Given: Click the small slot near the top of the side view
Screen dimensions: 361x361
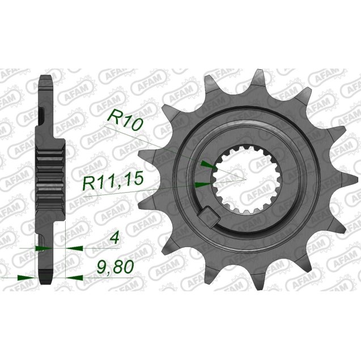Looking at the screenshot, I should click(43, 118).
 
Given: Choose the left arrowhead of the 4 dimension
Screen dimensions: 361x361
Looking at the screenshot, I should click(42, 248).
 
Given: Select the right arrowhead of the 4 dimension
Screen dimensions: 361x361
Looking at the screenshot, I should click(73, 248).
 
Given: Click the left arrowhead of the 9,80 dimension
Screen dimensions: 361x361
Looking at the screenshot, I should click(24, 277).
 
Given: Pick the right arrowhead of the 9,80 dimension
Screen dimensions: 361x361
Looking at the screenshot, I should click(73, 277).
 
